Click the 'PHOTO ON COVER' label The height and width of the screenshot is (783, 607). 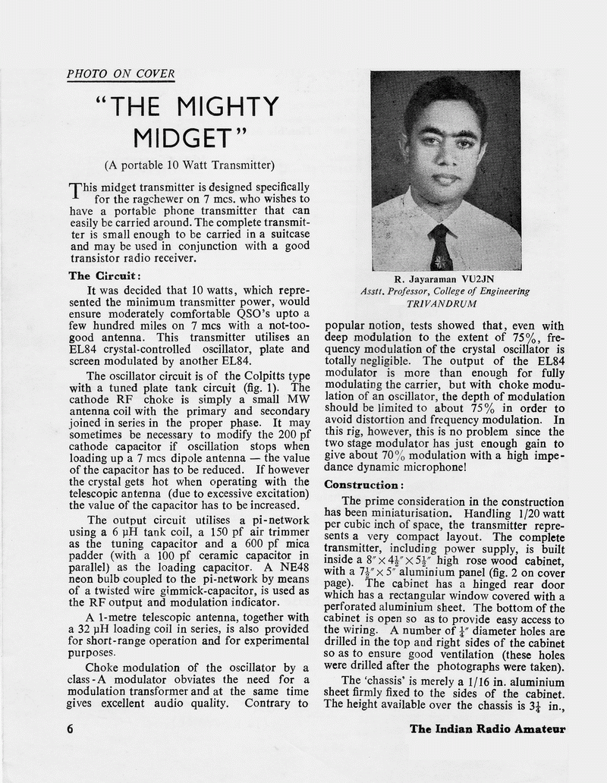(x=121, y=74)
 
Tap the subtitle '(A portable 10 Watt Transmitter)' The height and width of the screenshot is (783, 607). (x=189, y=165)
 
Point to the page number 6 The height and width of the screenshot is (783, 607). (x=69, y=729)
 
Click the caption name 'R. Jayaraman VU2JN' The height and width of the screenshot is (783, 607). (x=446, y=278)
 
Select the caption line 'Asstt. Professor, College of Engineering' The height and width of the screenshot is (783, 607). (x=445, y=291)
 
